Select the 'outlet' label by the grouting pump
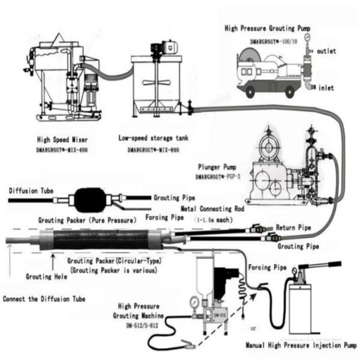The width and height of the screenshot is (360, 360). click(x=328, y=50)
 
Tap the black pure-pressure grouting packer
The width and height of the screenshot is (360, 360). click(x=92, y=199)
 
